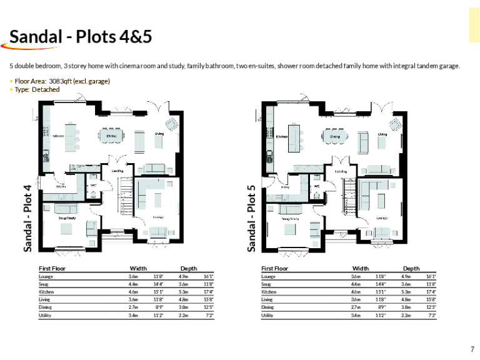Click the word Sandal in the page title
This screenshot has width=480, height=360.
tap(35, 37)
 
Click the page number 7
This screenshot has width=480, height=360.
tap(472, 349)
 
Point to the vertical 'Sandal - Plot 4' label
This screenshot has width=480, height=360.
tap(27, 217)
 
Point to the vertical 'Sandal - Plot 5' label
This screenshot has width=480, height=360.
tap(251, 217)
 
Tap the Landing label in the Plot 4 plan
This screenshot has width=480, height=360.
tap(117, 171)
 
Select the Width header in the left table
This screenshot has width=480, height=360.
tap(137, 268)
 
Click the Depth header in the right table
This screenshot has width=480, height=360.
tap(411, 268)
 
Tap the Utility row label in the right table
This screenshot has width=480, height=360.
tap(267, 316)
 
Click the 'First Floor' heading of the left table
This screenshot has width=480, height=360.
tap(52, 268)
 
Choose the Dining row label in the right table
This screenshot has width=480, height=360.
tap(267, 307)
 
